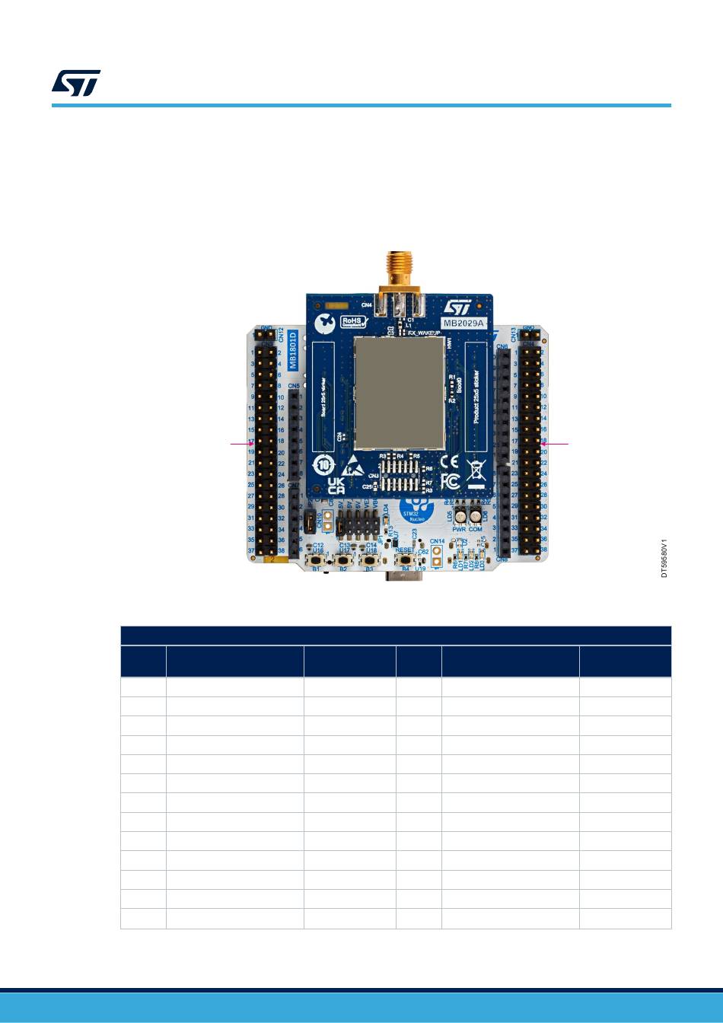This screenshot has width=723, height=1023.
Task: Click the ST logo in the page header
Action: click(x=76, y=84)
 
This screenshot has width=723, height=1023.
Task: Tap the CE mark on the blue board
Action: click(x=448, y=461)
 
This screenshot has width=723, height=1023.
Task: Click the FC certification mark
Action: click(x=449, y=482)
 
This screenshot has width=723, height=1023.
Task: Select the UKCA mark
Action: click(x=336, y=486)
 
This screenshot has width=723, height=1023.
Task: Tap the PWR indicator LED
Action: click(x=460, y=516)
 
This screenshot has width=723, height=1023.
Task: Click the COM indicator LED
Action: click(x=476, y=516)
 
